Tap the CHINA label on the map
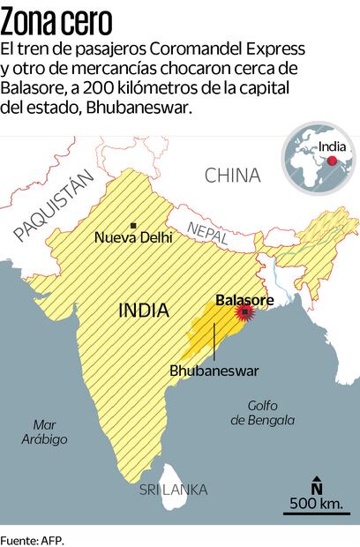coord(232,175)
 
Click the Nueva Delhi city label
coord(133,237)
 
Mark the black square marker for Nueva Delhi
coord(133,226)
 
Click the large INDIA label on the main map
coord(143,310)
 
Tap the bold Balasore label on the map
coord(244,300)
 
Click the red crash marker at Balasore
coord(244,313)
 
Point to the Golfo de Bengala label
coord(263,413)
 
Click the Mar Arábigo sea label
coord(43,431)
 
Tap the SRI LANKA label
coord(173,489)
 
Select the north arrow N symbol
coord(317,484)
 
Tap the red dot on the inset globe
coord(331,161)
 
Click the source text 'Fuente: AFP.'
coord(33,537)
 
